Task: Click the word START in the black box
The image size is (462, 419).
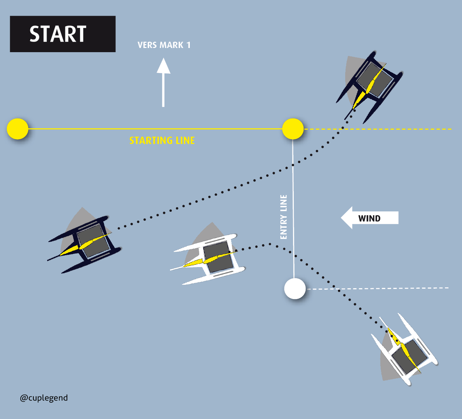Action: coord(58,34)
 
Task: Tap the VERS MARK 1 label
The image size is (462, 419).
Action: coord(164,45)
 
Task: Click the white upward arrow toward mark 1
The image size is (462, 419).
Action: coord(163,82)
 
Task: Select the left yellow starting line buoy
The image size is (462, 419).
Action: coord(18,129)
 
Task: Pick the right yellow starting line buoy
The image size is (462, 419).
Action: coord(293,129)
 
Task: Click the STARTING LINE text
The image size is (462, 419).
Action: coord(162,140)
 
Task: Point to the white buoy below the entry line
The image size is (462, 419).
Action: coord(295,289)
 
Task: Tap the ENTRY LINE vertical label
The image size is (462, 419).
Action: coord(284,217)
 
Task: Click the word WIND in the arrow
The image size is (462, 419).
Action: coord(369,218)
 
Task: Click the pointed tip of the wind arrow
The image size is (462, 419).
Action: coord(343,218)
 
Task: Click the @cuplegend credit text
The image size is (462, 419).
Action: coord(44,398)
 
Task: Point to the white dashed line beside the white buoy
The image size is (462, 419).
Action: coord(379,288)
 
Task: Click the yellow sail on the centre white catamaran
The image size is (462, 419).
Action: coord(209,260)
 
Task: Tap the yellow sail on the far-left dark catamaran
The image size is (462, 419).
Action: coord(85,244)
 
